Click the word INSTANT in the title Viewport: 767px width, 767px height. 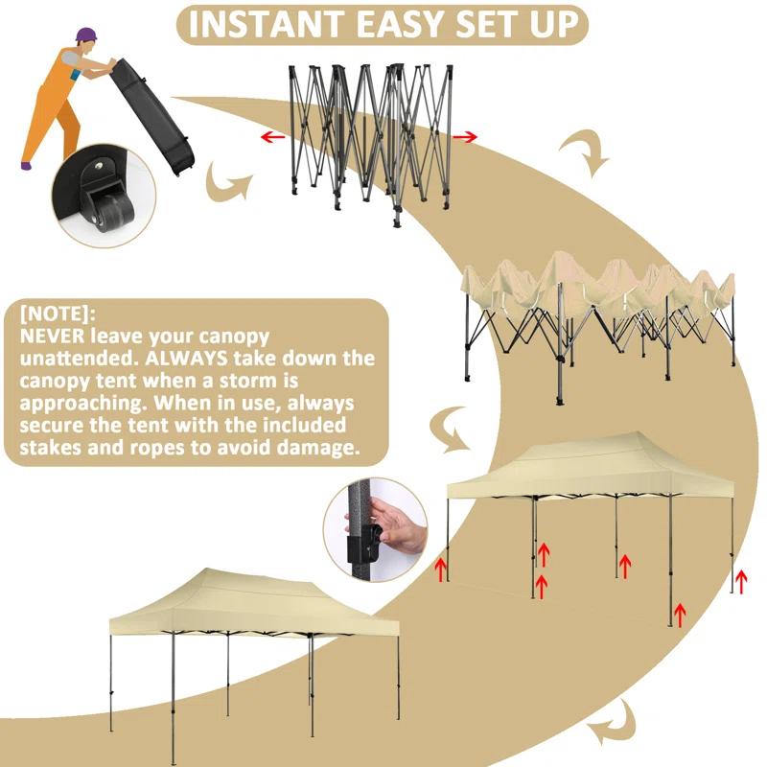pyautogui.click(x=261, y=26)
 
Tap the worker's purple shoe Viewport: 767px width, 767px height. pyautogui.click(x=26, y=165)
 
